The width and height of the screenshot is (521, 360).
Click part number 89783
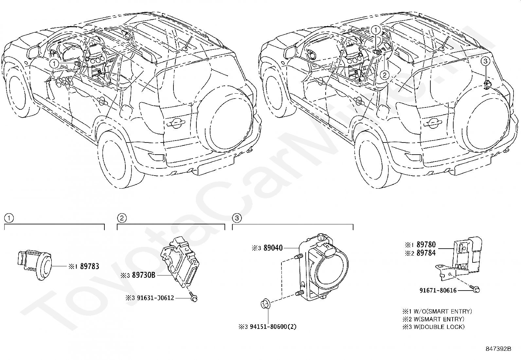pyautogui.click(x=90, y=266)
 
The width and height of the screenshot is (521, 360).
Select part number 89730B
pyautogui.click(x=144, y=275)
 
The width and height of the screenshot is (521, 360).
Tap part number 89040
pyautogui.click(x=273, y=248)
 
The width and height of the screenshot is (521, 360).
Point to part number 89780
pyautogui.click(x=426, y=244)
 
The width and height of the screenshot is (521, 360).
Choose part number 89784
pyautogui.click(x=426, y=253)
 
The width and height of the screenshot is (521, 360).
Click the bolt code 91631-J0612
pyautogui.click(x=155, y=298)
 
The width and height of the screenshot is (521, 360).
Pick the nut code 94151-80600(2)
pyautogui.click(x=273, y=327)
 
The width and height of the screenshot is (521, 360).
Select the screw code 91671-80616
pyautogui.click(x=438, y=290)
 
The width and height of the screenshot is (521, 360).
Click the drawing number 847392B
pyautogui.click(x=498, y=349)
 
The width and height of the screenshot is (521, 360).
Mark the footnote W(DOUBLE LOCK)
pyautogui.click(x=439, y=327)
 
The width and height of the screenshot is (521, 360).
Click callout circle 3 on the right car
pyautogui.click(x=485, y=61)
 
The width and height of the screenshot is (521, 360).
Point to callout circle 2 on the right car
pyautogui.click(x=385, y=75)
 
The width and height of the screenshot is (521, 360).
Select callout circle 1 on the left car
pyautogui.click(x=54, y=64)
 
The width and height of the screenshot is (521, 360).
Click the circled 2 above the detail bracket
pyautogui.click(x=122, y=218)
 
